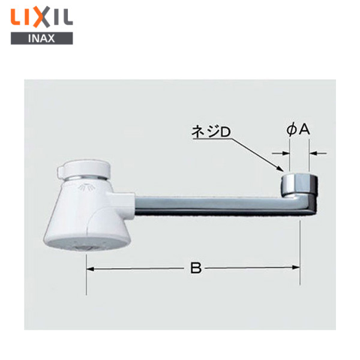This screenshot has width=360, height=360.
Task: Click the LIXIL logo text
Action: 42,18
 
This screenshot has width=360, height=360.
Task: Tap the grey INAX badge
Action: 42,38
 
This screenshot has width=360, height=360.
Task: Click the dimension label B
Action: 196,268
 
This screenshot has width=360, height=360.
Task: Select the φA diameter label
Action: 298,130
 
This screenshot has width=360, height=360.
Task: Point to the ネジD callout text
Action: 211,132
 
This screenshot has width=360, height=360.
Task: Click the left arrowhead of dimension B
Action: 90,269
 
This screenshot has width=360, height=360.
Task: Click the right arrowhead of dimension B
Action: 296,267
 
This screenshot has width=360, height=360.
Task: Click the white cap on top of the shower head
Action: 84,170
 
